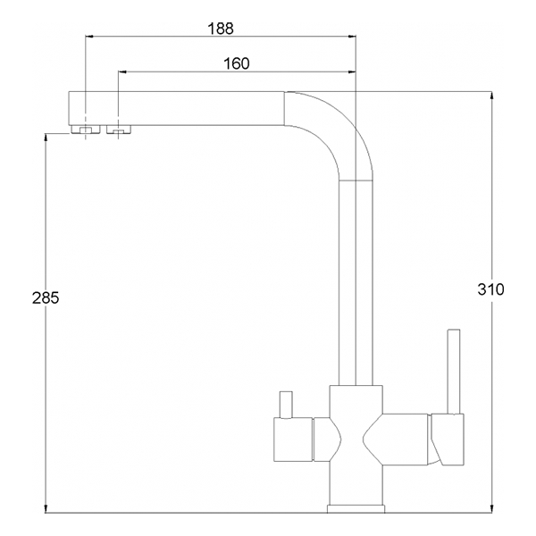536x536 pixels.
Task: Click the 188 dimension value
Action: pos(221,29)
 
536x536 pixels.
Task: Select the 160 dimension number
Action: pos(237,64)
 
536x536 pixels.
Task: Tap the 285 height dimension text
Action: pos(46,297)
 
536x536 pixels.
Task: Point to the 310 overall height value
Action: pos(490,289)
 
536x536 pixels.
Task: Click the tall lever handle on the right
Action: pos(454,372)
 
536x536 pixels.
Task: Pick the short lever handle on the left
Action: pos(286,405)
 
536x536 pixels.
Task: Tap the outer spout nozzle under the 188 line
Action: pos(86,130)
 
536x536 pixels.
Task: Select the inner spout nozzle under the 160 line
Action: pos(119,130)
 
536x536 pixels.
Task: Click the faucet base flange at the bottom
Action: pos(356,509)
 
